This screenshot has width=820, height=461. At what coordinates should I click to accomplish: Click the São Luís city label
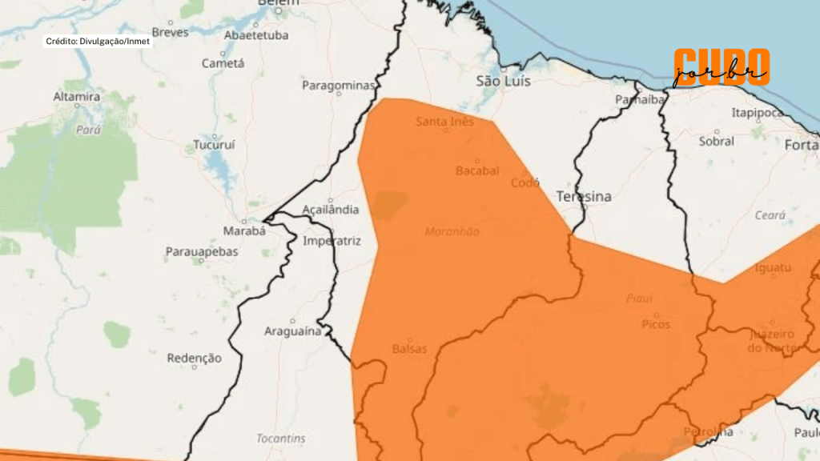coord(504,81)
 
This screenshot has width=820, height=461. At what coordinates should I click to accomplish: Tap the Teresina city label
coord(584,197)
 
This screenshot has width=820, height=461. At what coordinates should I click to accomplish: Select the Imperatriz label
coord(332,241)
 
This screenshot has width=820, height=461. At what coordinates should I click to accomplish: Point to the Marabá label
coord(243,231)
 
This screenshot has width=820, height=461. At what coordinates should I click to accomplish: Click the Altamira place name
coord(77,98)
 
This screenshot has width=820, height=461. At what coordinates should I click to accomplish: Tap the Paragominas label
coord(339,85)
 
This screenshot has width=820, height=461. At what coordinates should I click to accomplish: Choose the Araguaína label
coord(293,331)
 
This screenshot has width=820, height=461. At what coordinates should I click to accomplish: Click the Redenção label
coord(194,358)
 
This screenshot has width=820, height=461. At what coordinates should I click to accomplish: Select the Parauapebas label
coord(203,252)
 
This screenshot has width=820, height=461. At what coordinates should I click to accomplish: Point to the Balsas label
coord(409,349)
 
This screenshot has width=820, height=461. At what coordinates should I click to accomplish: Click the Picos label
coord(656,324)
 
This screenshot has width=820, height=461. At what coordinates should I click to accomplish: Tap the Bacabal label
coord(477,170)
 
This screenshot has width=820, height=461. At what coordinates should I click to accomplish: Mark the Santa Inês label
coord(445,122)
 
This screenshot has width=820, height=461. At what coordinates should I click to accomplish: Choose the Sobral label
coord(716,141)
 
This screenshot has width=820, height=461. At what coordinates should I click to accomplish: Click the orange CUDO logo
coord(721,66)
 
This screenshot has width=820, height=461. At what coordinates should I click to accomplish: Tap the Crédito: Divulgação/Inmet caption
coord(98,41)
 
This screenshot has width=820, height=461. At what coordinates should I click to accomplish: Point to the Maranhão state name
coord(452,231)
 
